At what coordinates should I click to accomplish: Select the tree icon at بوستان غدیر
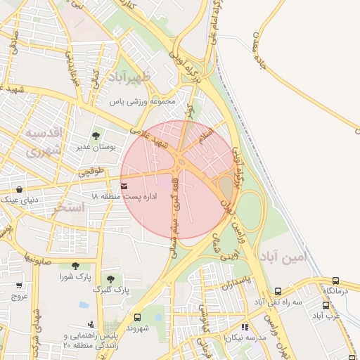96,136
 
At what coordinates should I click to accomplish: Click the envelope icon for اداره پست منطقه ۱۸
124,186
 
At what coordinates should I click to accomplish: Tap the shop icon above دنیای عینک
18,189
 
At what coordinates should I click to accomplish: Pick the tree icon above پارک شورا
75,265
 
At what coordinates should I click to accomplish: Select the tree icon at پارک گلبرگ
110,279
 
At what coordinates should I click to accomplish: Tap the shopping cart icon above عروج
18,285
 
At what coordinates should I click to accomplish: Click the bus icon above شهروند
137,317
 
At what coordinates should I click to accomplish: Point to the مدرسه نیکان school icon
244,327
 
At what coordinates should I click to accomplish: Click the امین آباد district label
283,257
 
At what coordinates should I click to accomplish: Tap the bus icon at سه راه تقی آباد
278,291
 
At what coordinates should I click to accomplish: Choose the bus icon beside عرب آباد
326,305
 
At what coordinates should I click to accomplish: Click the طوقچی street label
90,171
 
